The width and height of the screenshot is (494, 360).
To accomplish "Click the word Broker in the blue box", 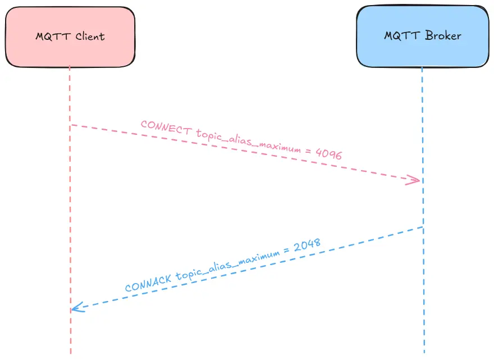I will click(x=443, y=36).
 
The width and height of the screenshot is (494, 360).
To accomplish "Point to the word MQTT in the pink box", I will click(x=52, y=37).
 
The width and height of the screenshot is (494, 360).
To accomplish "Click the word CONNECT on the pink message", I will click(x=166, y=128).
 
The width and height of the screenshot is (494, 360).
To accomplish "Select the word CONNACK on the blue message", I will click(x=148, y=282).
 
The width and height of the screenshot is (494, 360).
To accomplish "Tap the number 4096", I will click(x=328, y=153).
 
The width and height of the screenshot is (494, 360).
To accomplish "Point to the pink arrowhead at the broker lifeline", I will click(x=415, y=180).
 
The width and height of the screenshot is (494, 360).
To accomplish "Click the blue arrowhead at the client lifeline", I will click(x=77, y=308).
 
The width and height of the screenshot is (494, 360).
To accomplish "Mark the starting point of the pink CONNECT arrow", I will click(x=71, y=125).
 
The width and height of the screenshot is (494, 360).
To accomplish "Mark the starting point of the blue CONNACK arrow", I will click(x=422, y=227).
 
